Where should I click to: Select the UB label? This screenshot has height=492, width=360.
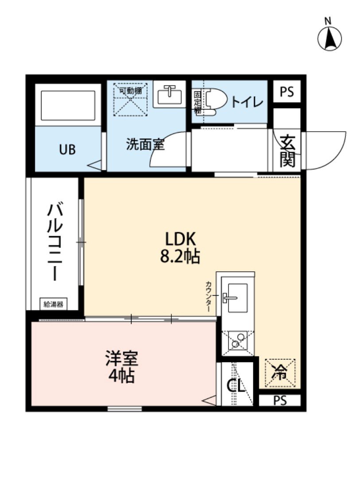[x=67, y=149]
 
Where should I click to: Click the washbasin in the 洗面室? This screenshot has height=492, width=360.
[x=170, y=94]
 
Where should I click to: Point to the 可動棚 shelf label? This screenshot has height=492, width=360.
[x=131, y=90]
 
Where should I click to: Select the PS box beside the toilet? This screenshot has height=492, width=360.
[x=286, y=92]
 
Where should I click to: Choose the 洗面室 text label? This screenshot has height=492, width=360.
[x=145, y=144]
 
